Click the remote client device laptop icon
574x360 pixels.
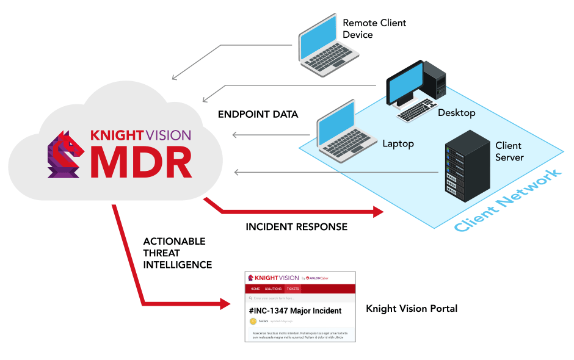point(320,47)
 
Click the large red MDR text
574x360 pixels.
point(141,160)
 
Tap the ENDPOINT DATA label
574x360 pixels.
point(258,114)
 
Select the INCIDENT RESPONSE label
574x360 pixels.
point(297,227)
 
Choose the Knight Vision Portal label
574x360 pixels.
point(412,309)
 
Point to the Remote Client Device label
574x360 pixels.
point(374,29)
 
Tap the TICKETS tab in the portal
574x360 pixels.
point(293,289)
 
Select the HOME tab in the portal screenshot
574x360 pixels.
point(255,289)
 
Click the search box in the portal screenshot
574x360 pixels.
point(299,298)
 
